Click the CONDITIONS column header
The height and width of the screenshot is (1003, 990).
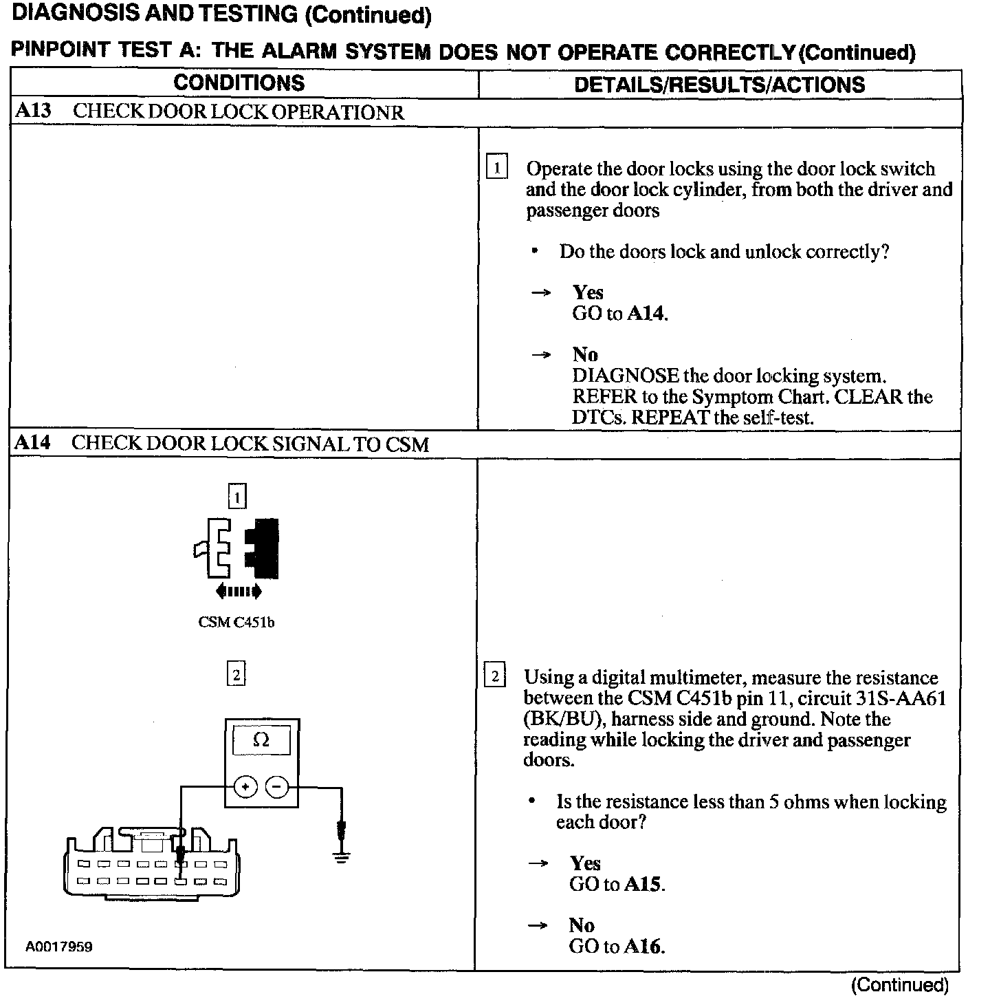(x=239, y=83)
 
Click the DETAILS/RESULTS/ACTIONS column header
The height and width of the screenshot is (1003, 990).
(x=719, y=85)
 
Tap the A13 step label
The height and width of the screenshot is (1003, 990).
(x=32, y=111)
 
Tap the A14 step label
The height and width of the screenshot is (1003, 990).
(x=32, y=442)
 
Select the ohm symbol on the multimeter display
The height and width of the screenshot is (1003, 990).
(x=261, y=740)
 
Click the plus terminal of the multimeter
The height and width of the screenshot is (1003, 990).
(x=246, y=786)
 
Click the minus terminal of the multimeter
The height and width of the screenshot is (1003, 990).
(x=277, y=786)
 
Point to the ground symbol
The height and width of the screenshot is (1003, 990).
(x=341, y=857)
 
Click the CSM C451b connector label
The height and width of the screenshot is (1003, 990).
(x=236, y=623)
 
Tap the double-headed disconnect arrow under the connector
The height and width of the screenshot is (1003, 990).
(x=238, y=590)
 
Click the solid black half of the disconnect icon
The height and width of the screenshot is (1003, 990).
(x=264, y=548)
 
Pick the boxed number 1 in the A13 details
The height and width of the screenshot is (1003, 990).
(x=496, y=167)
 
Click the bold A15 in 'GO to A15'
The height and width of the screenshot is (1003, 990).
(x=643, y=884)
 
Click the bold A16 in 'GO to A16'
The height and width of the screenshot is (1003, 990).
(x=643, y=947)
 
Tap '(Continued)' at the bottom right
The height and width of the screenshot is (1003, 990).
(x=899, y=984)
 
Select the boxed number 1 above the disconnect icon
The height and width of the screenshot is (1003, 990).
(x=236, y=496)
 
